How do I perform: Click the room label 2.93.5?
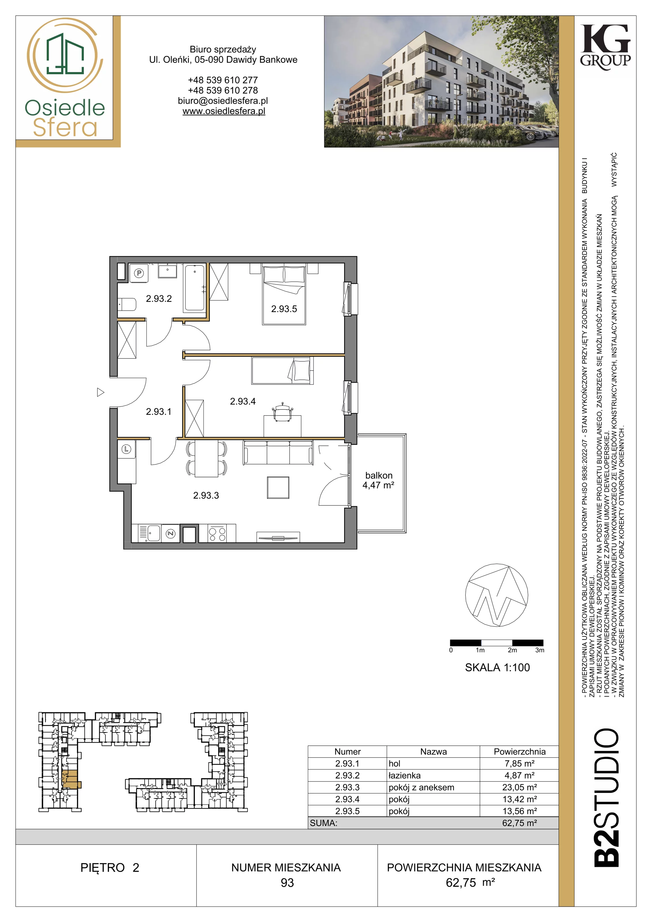point(284,309)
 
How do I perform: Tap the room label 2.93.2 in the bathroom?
point(159,298)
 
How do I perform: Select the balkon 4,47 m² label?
point(378,480)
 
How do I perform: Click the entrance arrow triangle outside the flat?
point(100,392)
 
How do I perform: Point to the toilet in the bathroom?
point(127,304)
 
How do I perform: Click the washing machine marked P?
point(139,273)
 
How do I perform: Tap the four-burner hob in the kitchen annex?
point(217,533)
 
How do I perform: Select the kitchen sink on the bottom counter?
point(149,533)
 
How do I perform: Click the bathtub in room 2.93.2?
point(195,288)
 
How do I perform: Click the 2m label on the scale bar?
point(512,650)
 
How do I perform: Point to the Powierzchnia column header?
point(519,751)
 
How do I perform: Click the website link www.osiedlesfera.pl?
point(224,111)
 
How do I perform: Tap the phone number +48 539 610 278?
point(223,90)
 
